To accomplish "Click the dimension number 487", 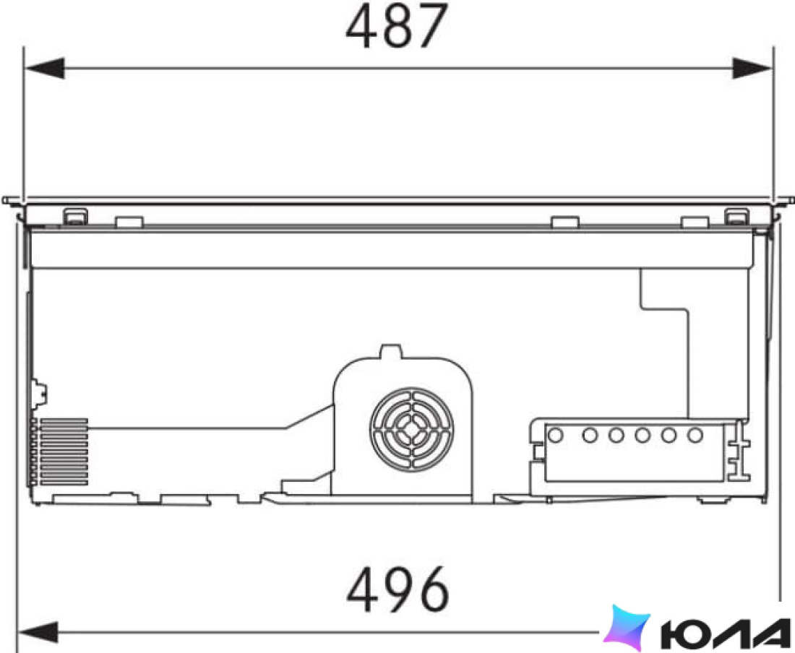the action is tap(397, 26).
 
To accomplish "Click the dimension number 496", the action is tap(398, 589).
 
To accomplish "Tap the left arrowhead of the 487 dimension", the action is tap(45, 68).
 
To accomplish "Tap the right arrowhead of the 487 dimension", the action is tap(752, 68).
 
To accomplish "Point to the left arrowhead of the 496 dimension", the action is tap(38, 632).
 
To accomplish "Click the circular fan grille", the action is tap(412, 430).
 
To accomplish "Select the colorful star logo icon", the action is tap(627, 627).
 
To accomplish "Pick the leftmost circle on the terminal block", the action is tap(556, 435).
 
